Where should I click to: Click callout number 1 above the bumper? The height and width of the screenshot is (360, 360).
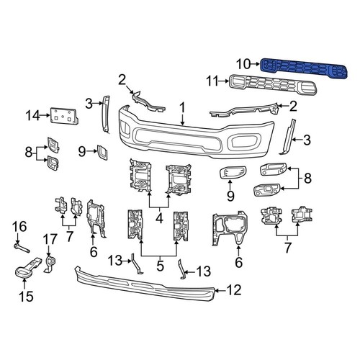click(x=182, y=107)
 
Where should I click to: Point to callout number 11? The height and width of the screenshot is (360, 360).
click(x=212, y=81)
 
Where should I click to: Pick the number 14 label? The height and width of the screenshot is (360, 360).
click(x=32, y=114)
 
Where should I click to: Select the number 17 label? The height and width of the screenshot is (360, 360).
click(x=50, y=238)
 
